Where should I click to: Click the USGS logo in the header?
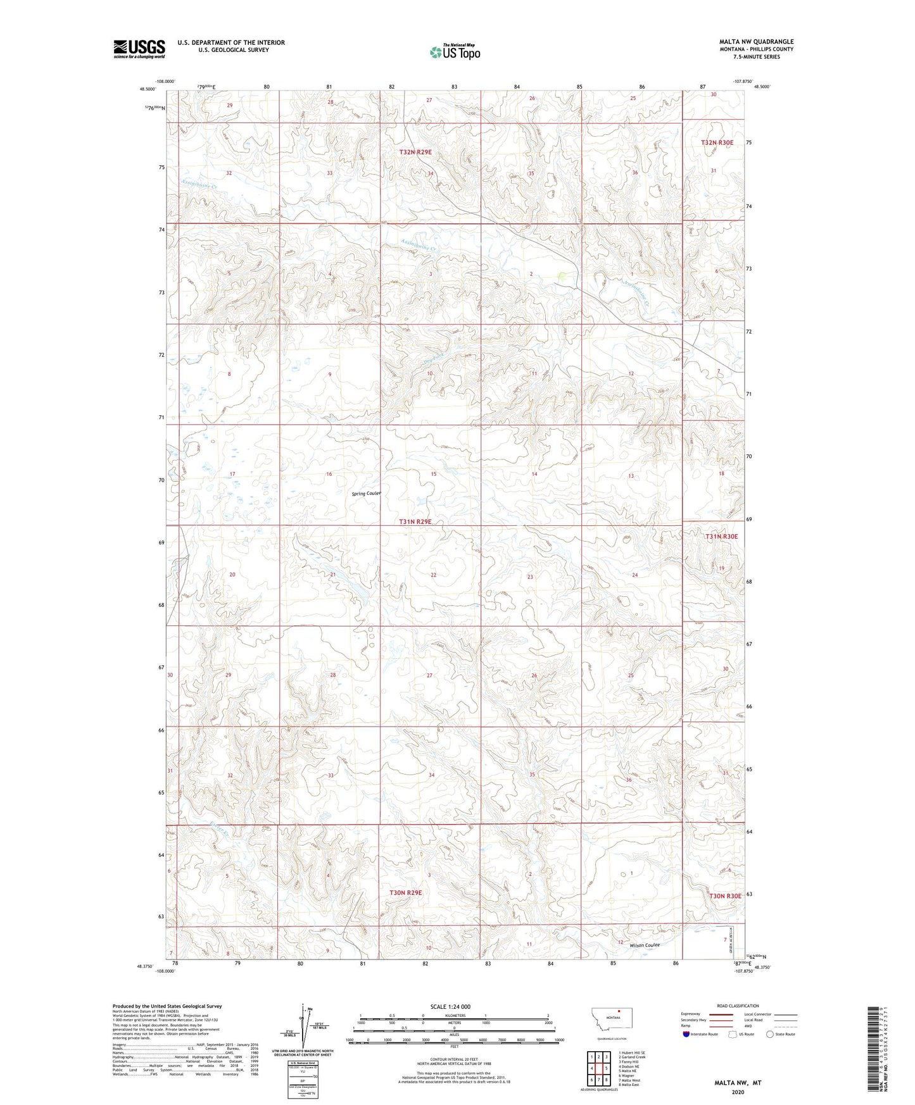(x=139, y=49)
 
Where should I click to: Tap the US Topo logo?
(x=454, y=53)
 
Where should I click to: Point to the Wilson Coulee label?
(x=644, y=946)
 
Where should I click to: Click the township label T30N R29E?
(x=405, y=892)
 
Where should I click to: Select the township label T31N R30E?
(x=721, y=537)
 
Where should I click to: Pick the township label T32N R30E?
(x=717, y=143)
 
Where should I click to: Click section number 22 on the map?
(x=433, y=575)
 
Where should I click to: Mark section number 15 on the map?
(x=434, y=474)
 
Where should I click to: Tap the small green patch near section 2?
(x=562, y=277)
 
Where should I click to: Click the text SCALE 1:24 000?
(x=450, y=1006)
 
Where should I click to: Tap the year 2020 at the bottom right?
(x=738, y=1092)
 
